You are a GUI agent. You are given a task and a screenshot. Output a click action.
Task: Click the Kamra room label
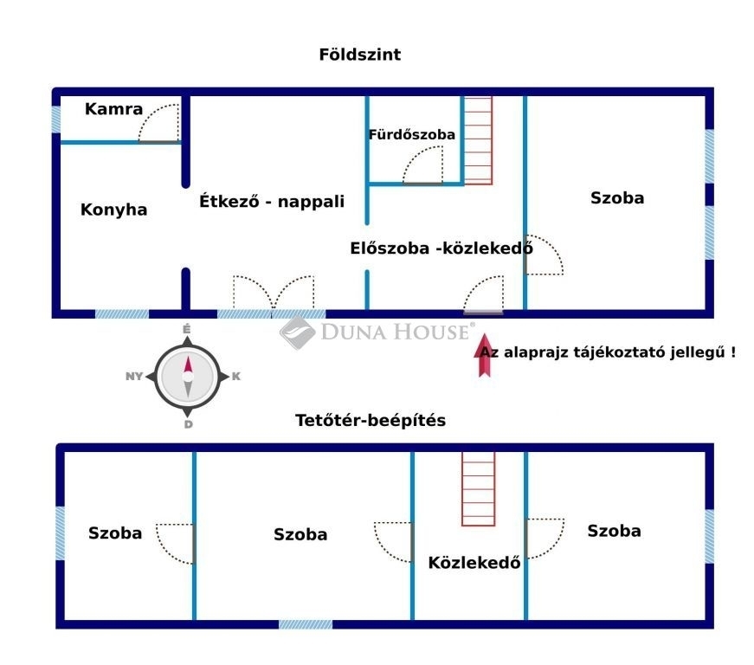[x=113, y=109]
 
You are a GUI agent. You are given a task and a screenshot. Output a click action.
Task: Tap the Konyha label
[x=114, y=210]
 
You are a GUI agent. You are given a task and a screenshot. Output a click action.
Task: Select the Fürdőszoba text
[x=411, y=134]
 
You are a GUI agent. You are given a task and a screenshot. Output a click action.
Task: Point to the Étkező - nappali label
[x=272, y=201]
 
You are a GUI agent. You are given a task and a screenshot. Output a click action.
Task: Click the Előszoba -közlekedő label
[x=441, y=249]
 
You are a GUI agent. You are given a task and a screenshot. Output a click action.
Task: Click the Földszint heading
[x=360, y=55]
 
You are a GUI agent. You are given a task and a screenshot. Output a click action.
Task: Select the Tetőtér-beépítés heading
[x=371, y=420]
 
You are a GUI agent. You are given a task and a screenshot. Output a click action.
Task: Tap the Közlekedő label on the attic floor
[x=474, y=563]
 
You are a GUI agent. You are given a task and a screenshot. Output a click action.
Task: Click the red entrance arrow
[x=484, y=355]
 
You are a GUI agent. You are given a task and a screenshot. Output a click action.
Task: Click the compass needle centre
[x=188, y=377]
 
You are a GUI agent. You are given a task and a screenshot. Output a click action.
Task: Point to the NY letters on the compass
[x=134, y=377]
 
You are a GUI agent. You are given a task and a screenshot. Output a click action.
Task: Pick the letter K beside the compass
[x=236, y=377]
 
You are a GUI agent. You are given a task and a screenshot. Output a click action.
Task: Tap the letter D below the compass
[x=188, y=424]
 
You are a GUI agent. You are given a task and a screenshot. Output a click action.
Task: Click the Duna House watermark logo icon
[x=297, y=332]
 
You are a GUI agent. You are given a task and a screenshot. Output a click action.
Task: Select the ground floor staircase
[x=478, y=140]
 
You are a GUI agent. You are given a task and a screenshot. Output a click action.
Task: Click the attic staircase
[x=478, y=489]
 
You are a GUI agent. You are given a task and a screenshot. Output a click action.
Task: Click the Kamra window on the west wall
[x=56, y=119]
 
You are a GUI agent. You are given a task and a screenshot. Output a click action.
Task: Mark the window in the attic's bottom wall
[x=306, y=624]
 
